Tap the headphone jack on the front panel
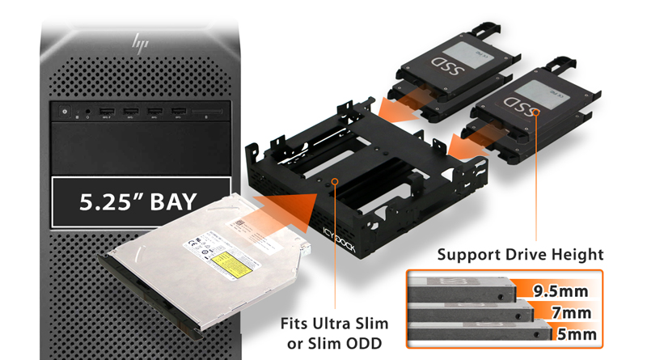pos(87,112)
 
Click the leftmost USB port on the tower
pos(106,111)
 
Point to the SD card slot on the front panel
pos(208,112)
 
